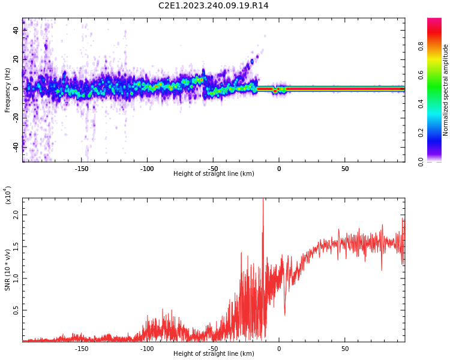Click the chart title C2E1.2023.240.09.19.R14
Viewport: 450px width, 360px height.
[x=214, y=6]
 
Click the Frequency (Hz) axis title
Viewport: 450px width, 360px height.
[x=8, y=90]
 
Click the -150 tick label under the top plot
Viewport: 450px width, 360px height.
[x=82, y=169]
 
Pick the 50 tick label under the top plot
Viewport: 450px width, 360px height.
[x=345, y=169]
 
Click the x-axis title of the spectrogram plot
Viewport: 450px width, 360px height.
[x=214, y=174]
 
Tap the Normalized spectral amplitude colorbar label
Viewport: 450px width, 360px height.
[x=446, y=90]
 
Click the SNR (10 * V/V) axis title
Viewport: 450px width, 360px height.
[x=8, y=270]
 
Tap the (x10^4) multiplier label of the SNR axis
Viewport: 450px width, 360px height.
[x=8, y=195]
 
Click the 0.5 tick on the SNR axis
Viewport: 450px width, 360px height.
[x=16, y=310]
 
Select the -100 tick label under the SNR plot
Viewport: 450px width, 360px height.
[x=148, y=349]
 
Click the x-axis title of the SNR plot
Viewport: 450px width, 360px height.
[x=214, y=354]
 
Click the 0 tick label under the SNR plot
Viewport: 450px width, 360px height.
[x=279, y=349]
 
